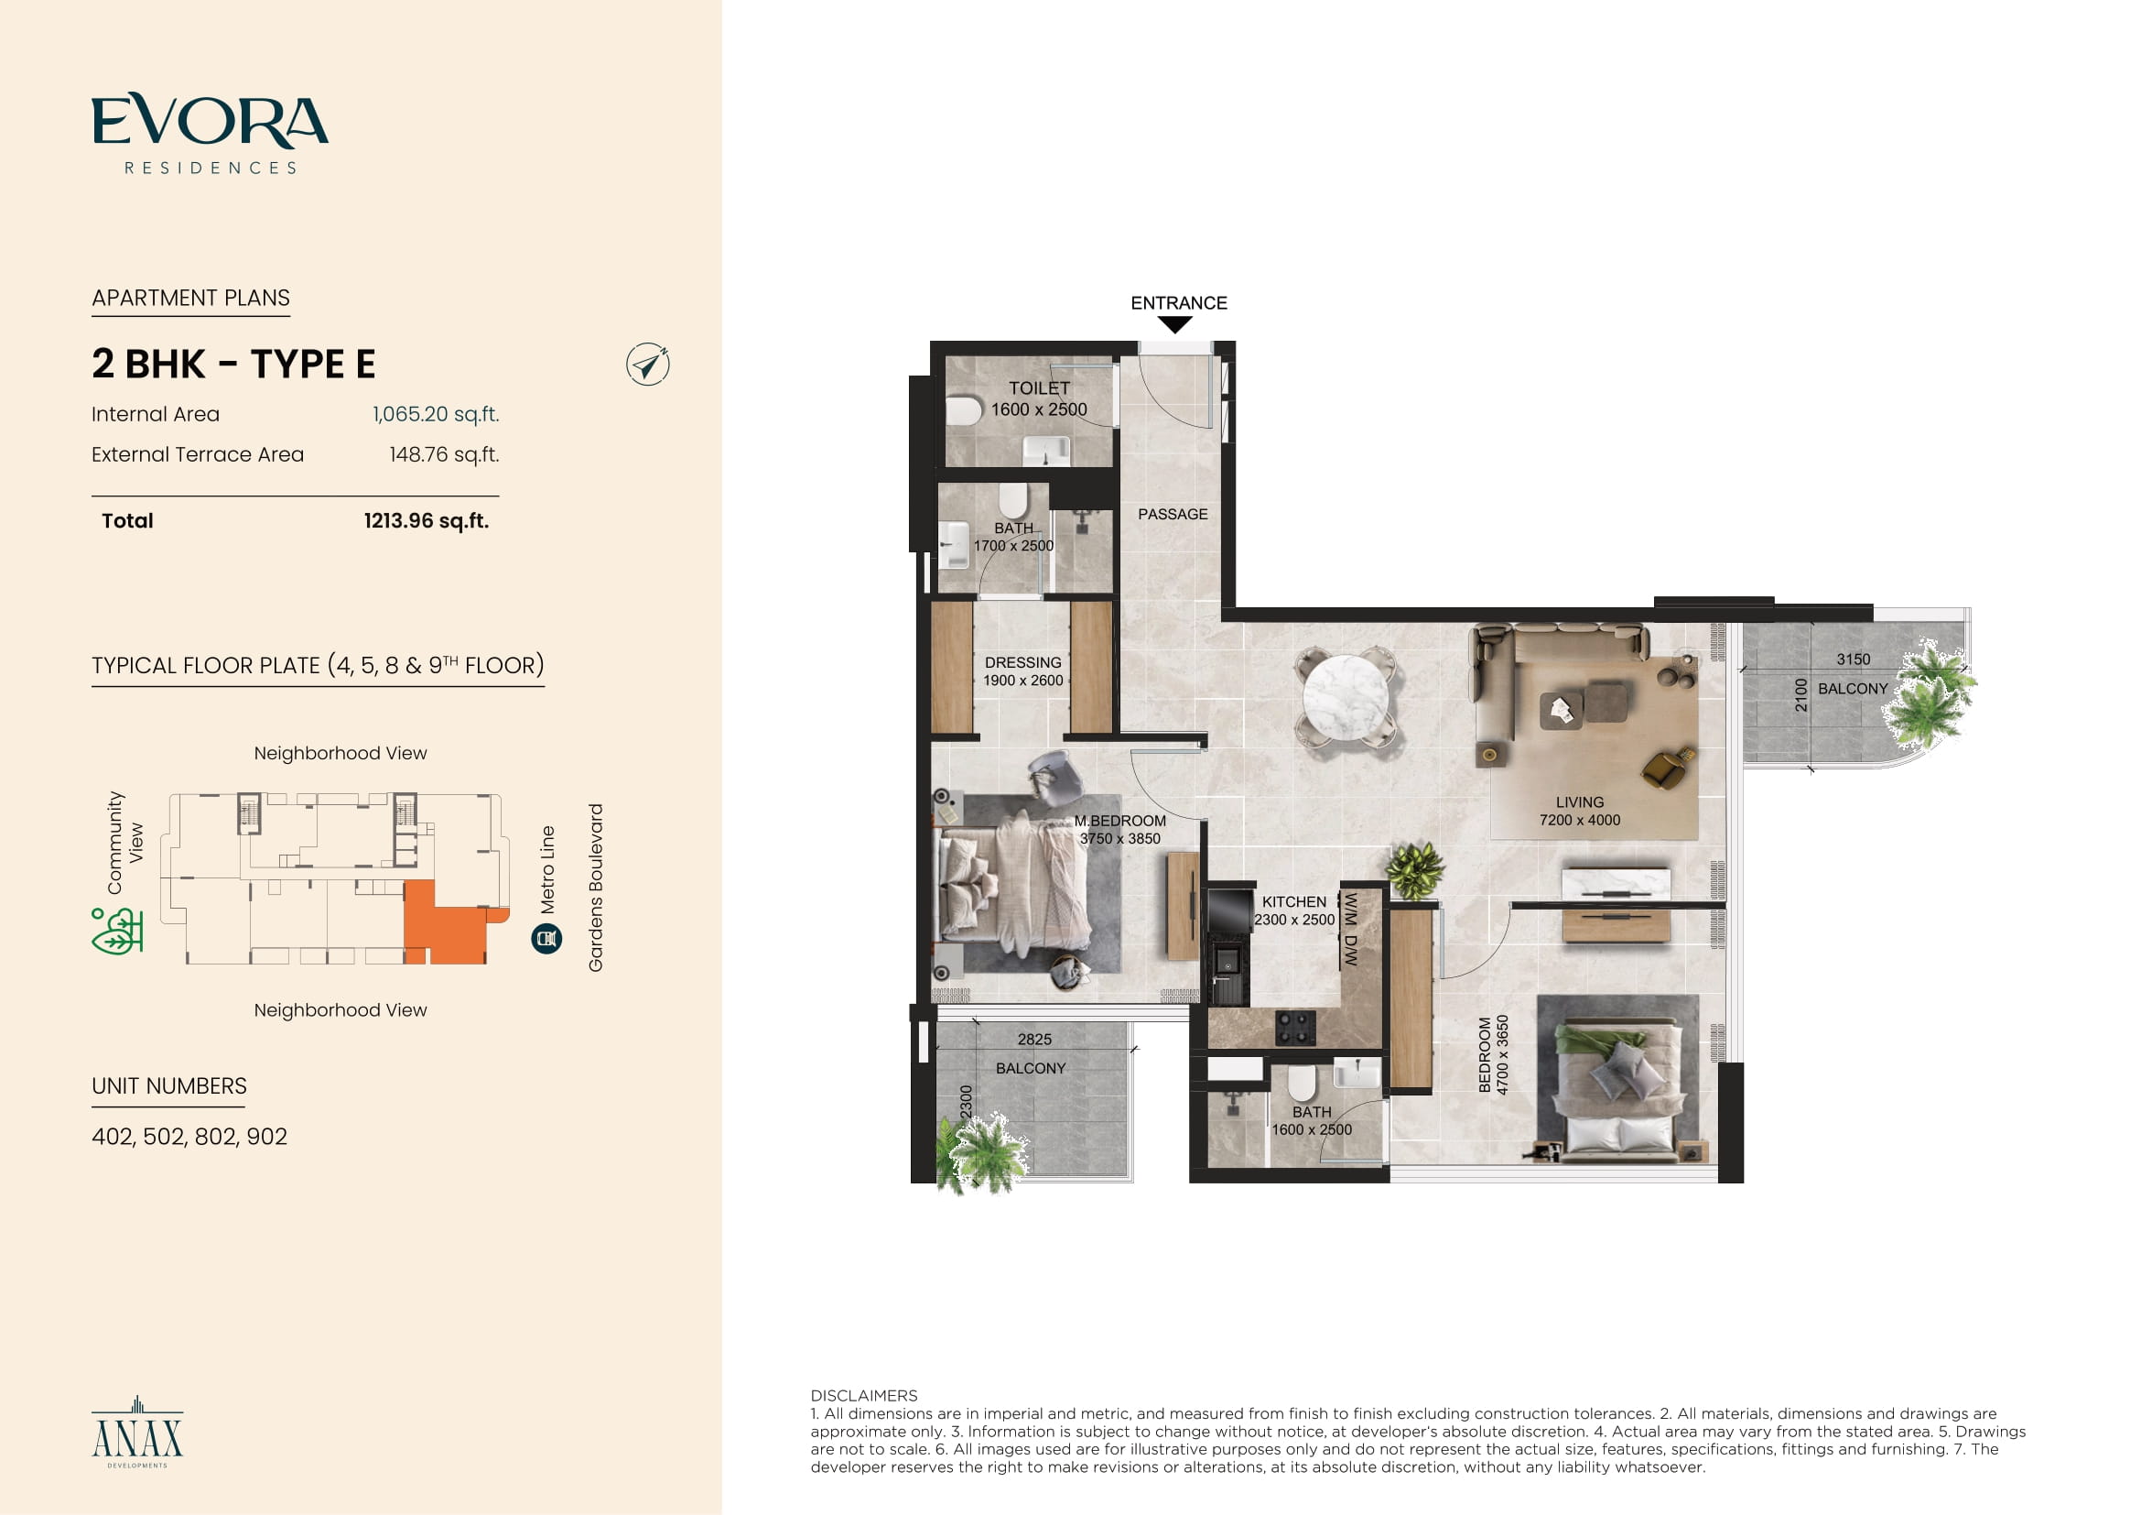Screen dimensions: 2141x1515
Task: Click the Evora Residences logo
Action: click(x=210, y=134)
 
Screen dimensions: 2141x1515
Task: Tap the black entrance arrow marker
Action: click(x=1175, y=324)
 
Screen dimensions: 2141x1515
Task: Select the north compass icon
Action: click(x=647, y=364)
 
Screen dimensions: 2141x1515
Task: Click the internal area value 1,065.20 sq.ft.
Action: click(x=436, y=414)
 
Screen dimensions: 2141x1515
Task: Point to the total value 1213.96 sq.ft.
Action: click(x=427, y=520)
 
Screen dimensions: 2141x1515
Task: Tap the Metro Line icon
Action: click(x=546, y=939)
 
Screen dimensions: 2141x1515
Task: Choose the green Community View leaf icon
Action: click(x=116, y=931)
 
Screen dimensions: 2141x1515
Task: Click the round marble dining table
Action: click(x=1345, y=698)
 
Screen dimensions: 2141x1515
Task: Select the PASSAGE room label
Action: click(x=1173, y=514)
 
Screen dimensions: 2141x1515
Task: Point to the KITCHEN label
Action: click(x=1293, y=902)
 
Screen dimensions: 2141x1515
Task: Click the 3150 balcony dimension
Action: click(x=1853, y=659)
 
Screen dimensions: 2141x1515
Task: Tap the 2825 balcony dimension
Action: click(x=1034, y=1040)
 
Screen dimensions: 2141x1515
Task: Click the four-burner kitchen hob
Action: click(x=1295, y=1027)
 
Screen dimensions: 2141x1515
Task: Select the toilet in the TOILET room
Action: click(x=964, y=409)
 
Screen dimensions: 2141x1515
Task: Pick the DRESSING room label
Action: click(x=1023, y=662)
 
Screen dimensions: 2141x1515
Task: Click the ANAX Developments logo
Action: click(x=137, y=1432)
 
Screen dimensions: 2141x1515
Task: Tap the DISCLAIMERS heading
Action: click(x=863, y=1396)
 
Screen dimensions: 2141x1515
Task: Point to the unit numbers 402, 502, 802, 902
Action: click(x=189, y=1136)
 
